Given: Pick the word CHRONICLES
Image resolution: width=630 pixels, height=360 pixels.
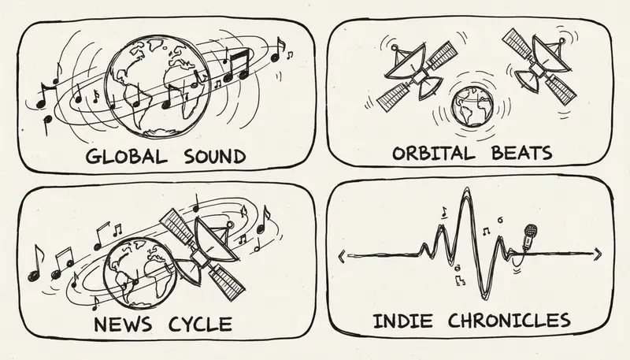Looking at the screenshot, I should click(x=508, y=321).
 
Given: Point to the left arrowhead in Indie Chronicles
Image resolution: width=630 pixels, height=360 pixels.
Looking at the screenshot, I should click(x=341, y=253).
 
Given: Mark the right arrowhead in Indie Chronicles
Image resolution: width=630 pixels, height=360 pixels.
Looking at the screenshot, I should click(x=601, y=252).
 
